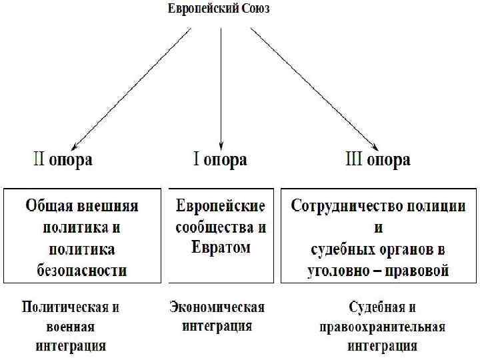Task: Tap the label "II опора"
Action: click(63, 160)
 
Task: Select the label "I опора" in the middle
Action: click(220, 160)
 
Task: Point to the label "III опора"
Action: click(378, 160)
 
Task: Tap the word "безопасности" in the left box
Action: click(82, 270)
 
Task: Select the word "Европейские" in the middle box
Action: click(221, 205)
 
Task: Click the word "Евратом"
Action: click(221, 248)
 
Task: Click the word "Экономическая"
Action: click(217, 307)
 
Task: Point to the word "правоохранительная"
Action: click(382, 327)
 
